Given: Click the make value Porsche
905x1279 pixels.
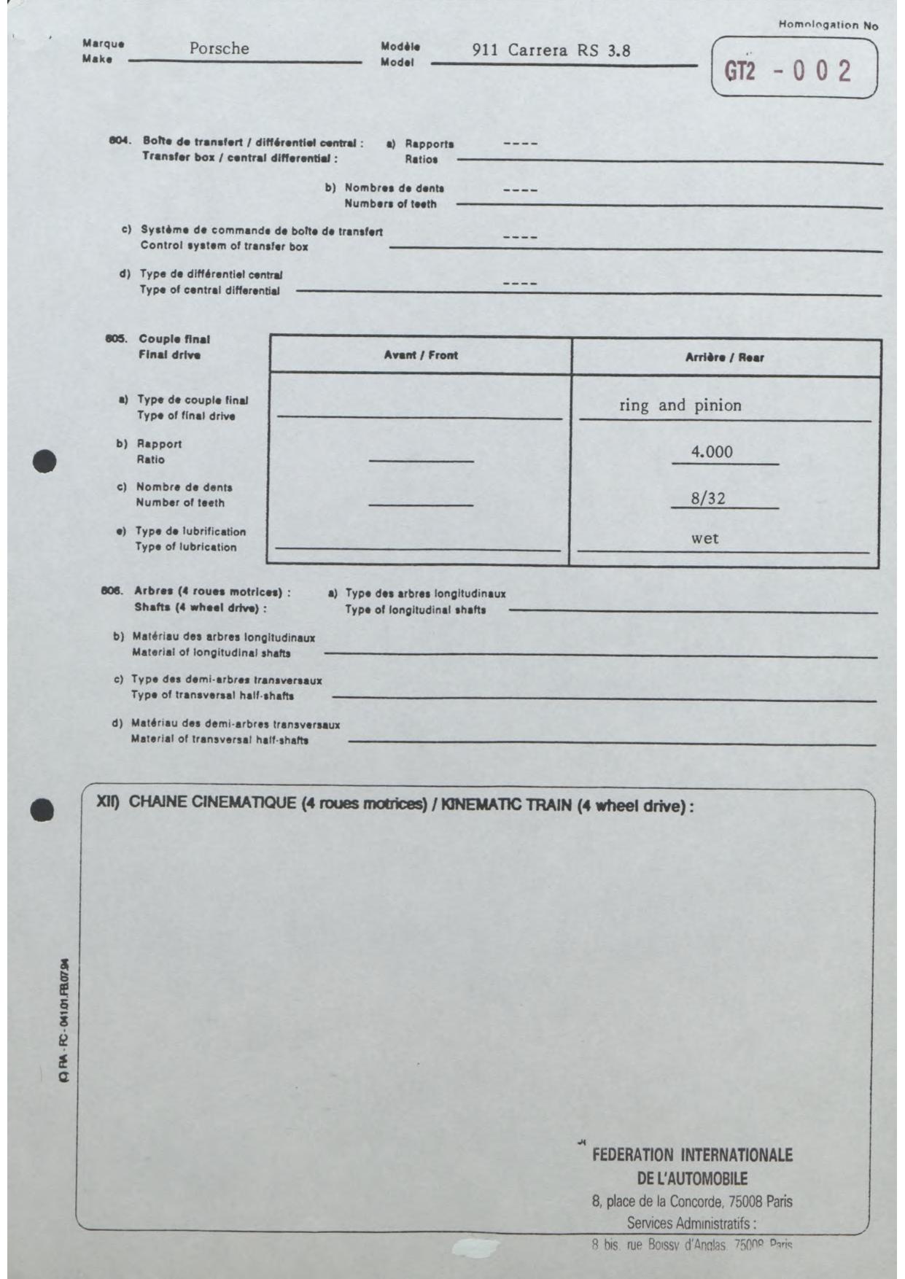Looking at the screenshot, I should (219, 49).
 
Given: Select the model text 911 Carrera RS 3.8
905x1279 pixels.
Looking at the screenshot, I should (551, 50).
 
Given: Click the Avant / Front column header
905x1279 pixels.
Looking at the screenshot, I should (421, 355).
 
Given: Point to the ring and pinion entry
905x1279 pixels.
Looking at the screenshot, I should (680, 405).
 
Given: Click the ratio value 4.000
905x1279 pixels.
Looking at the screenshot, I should (712, 452).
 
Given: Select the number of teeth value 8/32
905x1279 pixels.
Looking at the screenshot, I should (708, 499).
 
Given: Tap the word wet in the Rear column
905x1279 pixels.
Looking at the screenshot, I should (704, 539).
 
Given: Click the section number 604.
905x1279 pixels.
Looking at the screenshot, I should (119, 141).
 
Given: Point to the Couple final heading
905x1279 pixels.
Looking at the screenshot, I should (174, 339).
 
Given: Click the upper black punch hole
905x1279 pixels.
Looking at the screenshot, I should (44, 462).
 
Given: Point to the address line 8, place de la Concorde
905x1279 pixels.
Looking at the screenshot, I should (691, 1201).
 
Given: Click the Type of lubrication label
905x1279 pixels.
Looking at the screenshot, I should (185, 547).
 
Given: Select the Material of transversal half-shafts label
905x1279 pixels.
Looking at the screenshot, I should (220, 740).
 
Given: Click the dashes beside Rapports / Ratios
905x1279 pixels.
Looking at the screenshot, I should (520, 144).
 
